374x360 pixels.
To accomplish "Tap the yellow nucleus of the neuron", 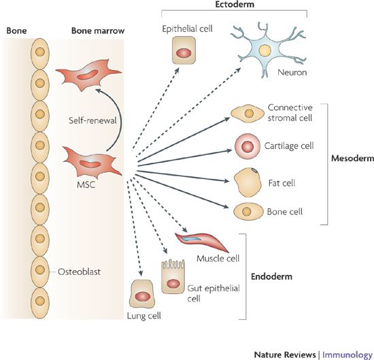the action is pyautogui.click(x=265, y=51).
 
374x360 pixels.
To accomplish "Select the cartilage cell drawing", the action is pyautogui.click(x=248, y=146).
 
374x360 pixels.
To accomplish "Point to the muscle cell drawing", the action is pyautogui.click(x=201, y=242).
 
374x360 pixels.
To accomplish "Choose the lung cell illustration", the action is pyautogui.click(x=142, y=295).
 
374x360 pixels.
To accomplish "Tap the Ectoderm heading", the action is pyautogui.click(x=235, y=4).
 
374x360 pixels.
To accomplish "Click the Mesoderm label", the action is pyautogui.click(x=352, y=159).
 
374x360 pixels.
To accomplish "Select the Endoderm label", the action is pyautogui.click(x=271, y=276).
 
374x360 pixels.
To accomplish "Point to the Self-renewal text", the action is pyautogui.click(x=92, y=120).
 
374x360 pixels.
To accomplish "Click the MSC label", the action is pyautogui.click(x=86, y=184).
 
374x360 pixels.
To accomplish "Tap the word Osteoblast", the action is pyautogui.click(x=79, y=272).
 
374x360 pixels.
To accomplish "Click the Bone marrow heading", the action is pyautogui.click(x=98, y=31).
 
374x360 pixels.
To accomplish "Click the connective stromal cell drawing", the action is pyautogui.click(x=248, y=114).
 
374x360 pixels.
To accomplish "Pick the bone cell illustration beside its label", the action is pyautogui.click(x=248, y=212).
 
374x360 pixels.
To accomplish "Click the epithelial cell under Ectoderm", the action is pyautogui.click(x=184, y=50).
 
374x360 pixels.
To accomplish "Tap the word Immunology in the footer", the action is pyautogui.click(x=347, y=355).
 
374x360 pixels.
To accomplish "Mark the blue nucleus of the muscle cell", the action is pyautogui.click(x=190, y=238).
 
